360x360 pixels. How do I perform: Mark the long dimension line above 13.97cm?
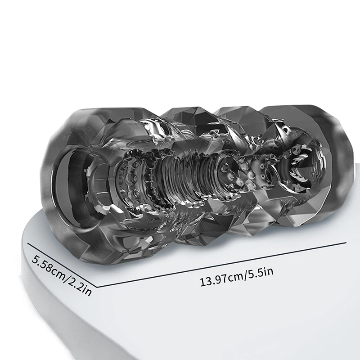(x=221, y=265)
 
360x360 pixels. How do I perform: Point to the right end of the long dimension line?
(x=346, y=243)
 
